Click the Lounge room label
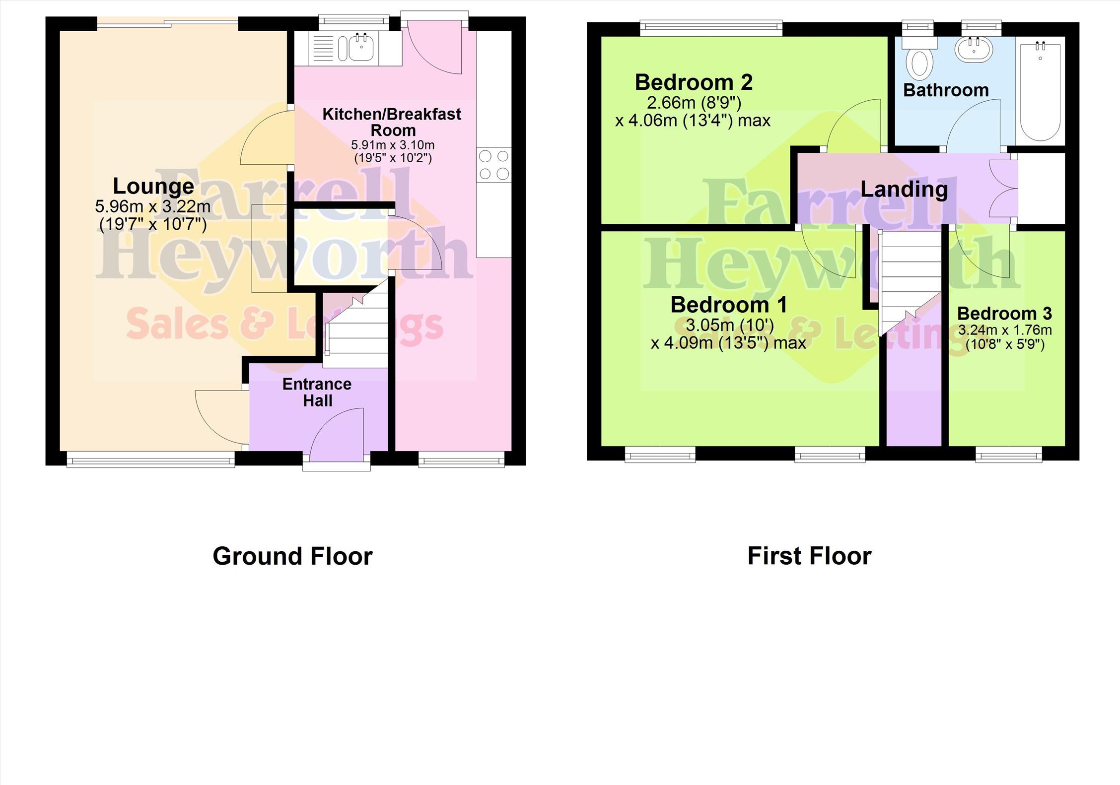coord(153,186)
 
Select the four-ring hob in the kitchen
coord(494,165)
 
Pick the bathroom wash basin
coord(974,50)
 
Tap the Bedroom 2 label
coord(694,82)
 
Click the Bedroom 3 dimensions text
coord(1005,337)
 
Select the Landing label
coord(904,189)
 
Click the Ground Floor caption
coord(292,556)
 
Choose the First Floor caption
coord(809,556)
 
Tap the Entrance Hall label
coord(317,392)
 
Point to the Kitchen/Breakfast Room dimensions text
coord(393,151)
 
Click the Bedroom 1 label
coord(729,305)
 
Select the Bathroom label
coord(946,90)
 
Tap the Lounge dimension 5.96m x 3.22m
coord(153,206)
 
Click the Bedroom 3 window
coord(1009,454)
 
